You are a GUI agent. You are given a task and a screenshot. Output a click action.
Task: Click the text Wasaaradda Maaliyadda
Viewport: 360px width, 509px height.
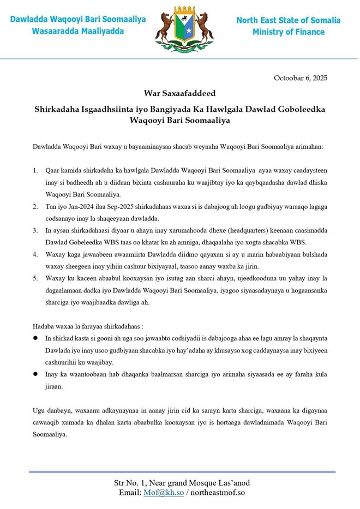[x=77, y=31]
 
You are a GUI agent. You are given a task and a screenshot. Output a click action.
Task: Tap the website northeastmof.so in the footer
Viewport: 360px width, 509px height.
[x=216, y=493]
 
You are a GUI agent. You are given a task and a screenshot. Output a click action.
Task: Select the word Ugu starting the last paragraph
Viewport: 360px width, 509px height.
[x=40, y=409]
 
